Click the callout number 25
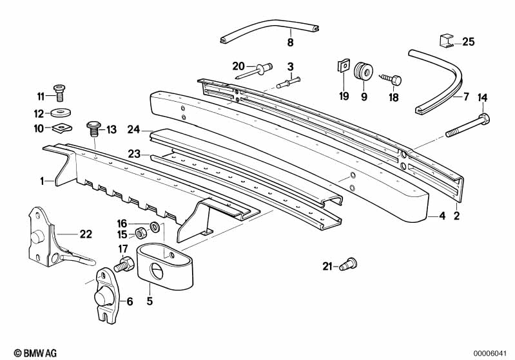point(469,43)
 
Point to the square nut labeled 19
point(344,66)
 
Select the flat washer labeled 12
point(61,113)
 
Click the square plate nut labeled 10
point(62,127)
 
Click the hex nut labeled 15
point(139,232)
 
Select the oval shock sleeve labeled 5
point(166,263)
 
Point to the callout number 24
point(133,129)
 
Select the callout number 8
point(290,43)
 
